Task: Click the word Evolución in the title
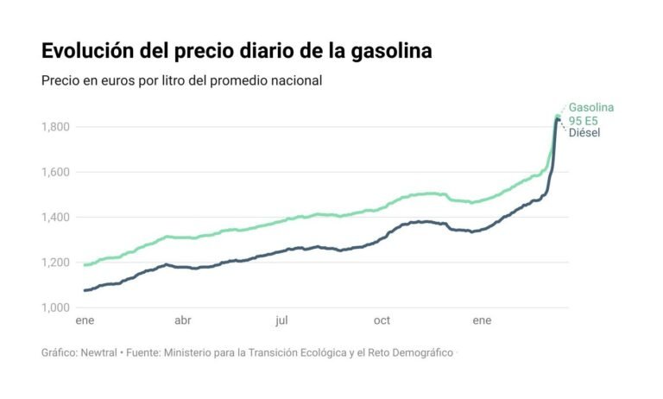pos(88,51)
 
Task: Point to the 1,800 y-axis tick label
pos(58,127)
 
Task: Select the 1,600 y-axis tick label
pos(58,172)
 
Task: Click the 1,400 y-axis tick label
pos(58,217)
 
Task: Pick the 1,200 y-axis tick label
pos(58,263)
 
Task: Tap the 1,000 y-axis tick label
pos(58,307)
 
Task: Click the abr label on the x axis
pos(183,321)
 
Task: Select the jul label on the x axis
pos(281,321)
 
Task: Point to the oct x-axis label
pos(382,321)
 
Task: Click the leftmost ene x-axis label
pos(85,321)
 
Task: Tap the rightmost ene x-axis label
pos(482,321)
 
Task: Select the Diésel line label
pos(584,132)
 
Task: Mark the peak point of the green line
pos(558,115)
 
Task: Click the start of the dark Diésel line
pos(84,290)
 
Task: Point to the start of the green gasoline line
pos(84,265)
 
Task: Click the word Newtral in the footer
pos(97,353)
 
